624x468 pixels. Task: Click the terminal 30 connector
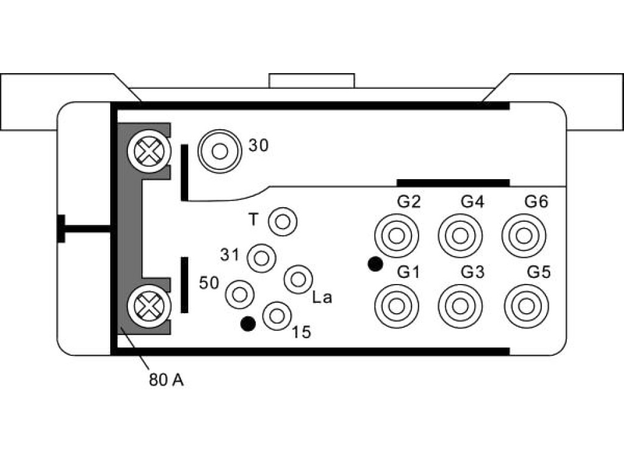coord(219,151)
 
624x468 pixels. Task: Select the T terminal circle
coord(283,222)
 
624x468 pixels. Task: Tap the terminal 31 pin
coord(261,258)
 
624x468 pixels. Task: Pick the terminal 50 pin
coord(239,294)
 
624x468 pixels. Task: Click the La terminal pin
coord(298,279)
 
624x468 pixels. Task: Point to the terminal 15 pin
coord(277,316)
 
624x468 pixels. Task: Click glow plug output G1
coord(396,307)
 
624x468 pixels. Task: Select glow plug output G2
coord(396,236)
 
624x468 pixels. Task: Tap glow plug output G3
coord(461,307)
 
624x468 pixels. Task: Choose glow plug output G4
coord(461,236)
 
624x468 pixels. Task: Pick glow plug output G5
coord(526,307)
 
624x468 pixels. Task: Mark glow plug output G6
coord(524,236)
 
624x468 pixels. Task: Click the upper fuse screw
coord(149,151)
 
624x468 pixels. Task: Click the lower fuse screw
coord(149,307)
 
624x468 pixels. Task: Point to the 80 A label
coord(166,380)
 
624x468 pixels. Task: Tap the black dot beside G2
coord(375,264)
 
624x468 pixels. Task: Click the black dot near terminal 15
coord(248,324)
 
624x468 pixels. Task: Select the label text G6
coord(536,202)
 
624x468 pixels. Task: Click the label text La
coord(322,297)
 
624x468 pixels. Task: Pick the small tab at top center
coord(311,80)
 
